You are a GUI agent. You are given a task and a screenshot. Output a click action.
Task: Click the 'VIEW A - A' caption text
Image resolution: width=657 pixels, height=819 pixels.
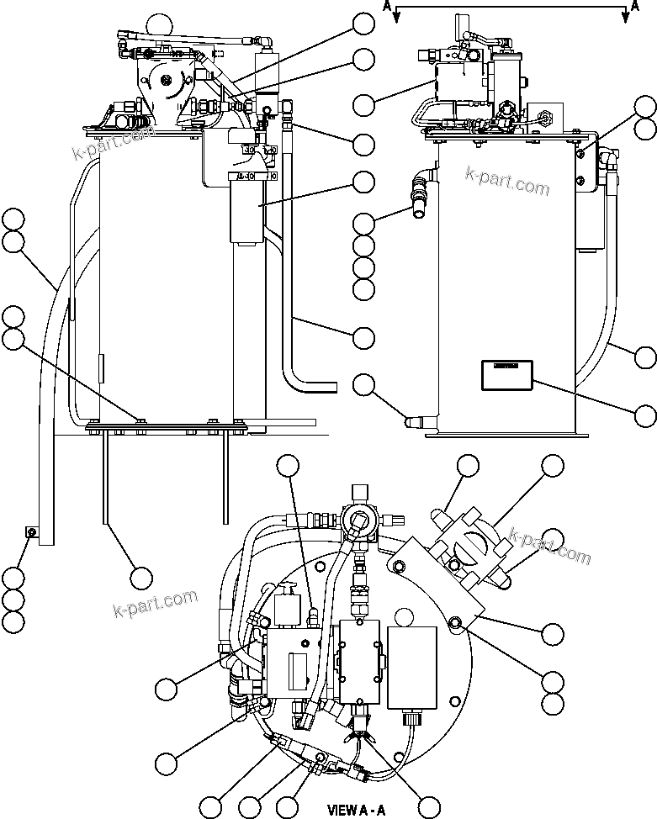[356, 811]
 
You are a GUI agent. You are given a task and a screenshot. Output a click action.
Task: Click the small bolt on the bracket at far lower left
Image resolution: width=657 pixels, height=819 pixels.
[30, 531]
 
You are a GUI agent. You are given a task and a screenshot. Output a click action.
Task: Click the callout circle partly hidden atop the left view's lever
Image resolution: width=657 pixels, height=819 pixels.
[156, 22]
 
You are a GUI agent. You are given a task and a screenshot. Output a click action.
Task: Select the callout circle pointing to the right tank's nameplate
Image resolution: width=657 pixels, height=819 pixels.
[645, 415]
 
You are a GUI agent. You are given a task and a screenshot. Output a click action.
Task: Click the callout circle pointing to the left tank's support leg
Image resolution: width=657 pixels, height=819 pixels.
[140, 578]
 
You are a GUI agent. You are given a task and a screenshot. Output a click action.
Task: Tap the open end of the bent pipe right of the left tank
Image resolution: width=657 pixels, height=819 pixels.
[334, 388]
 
